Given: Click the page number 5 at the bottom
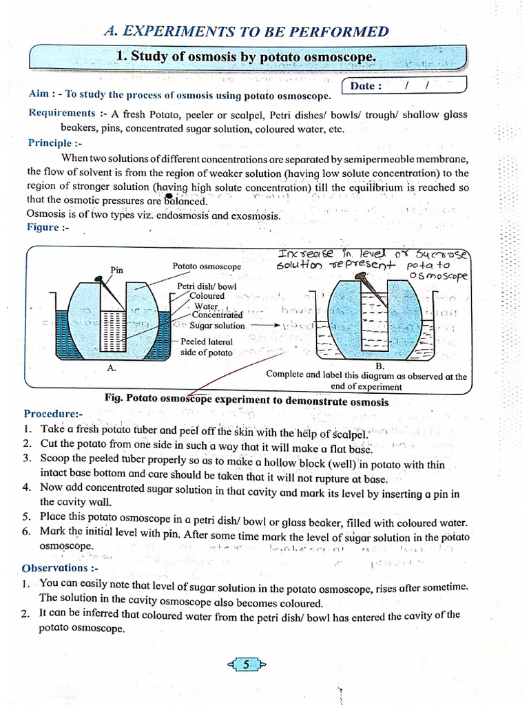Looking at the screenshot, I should click(x=246, y=664).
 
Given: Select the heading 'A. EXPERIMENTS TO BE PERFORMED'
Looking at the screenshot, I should click(x=246, y=31).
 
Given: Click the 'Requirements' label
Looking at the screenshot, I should click(x=62, y=113).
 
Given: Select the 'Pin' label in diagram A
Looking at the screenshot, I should click(x=117, y=271).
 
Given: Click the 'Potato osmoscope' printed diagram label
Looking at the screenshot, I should click(x=207, y=266).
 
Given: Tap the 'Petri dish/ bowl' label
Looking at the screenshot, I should click(x=207, y=286).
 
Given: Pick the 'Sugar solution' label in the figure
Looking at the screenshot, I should click(x=217, y=326).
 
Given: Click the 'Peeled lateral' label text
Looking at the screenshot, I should click(x=207, y=341).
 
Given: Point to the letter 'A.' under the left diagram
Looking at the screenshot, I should click(x=112, y=368).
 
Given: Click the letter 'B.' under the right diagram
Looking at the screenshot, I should click(x=380, y=366).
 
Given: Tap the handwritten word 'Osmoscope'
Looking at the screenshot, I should click(x=438, y=277).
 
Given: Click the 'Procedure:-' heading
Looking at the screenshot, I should click(x=53, y=414).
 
